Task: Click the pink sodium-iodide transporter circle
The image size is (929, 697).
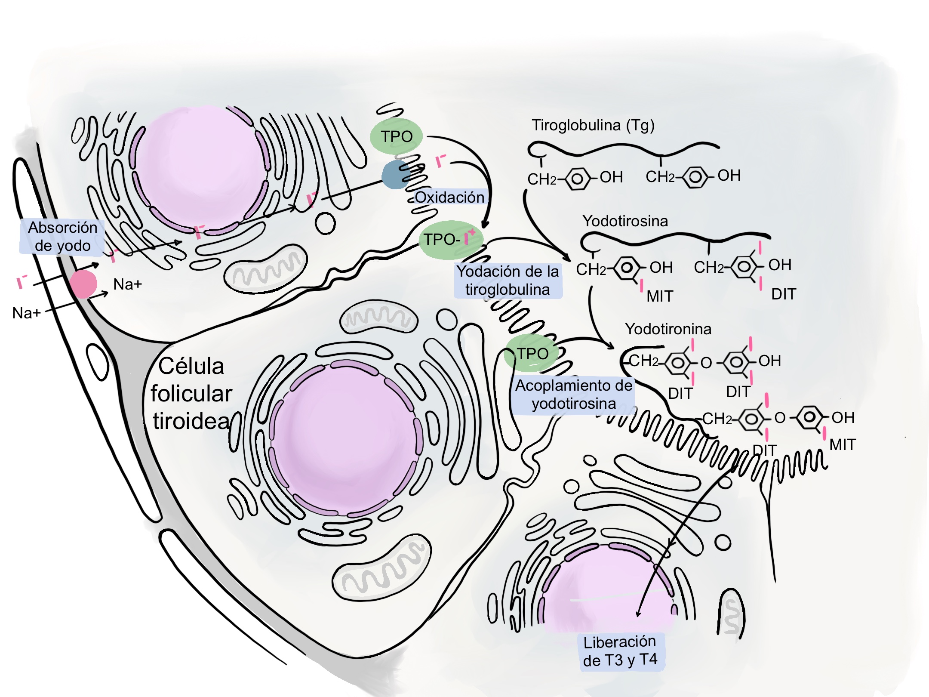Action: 83,284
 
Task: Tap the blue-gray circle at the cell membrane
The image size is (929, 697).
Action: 395,175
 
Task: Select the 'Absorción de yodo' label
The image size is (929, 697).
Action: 62,237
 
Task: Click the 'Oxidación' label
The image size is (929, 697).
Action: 449,197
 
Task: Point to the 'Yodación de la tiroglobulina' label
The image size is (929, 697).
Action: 508,281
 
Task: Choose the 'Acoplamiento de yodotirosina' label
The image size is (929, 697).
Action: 574,395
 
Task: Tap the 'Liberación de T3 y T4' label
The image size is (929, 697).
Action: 620,651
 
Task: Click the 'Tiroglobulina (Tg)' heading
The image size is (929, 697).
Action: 593,125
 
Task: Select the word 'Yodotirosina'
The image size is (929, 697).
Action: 625,221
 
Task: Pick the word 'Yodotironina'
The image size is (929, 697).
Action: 668,329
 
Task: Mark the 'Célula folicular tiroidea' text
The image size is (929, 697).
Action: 191,394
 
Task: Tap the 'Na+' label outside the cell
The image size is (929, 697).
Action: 26,313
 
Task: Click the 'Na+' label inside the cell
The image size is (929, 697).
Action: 127,284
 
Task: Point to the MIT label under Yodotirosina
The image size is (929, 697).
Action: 659,296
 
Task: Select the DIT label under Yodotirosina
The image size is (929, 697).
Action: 784,294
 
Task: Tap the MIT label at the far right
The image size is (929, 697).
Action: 843,444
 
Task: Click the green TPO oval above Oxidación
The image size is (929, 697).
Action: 396,136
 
